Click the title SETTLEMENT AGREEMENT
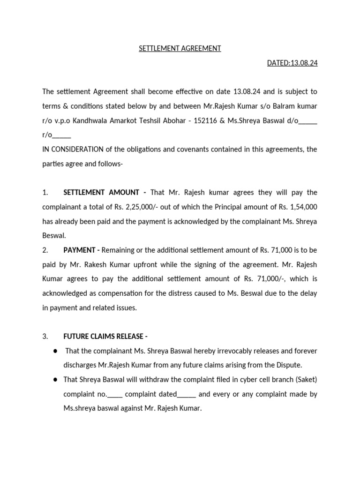[x=180, y=48]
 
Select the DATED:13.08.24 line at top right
[x=292, y=63]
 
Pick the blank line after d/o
[x=308, y=120]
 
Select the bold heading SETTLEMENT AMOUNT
[x=101, y=192]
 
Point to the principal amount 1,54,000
[x=302, y=207]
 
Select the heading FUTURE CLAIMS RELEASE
[x=105, y=336]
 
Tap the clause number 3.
[x=45, y=336]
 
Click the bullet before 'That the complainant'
[x=55, y=351]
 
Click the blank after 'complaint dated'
[x=187, y=394]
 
